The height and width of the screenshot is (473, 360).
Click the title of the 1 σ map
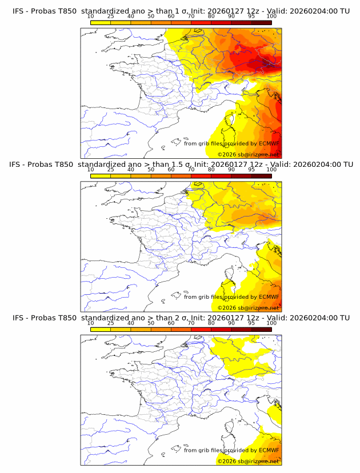pos(181,11)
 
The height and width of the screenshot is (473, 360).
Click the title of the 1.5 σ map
pos(181,164)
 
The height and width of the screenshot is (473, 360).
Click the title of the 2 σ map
pos(181,317)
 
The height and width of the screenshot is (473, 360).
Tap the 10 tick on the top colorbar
pos(90,17)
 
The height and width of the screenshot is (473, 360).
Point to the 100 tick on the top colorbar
pos(271,17)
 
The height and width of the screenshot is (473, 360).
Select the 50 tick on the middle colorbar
pos(151,170)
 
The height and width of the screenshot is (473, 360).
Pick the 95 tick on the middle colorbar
pos(251,170)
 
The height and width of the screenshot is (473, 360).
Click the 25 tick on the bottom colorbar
pos(110,323)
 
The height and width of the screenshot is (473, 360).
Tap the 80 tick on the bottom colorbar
pos(211,323)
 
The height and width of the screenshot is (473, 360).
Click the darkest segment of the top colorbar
pos(261,22)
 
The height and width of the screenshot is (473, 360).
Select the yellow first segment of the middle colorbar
pos(101,175)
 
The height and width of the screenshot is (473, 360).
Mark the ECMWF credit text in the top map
pos(231,143)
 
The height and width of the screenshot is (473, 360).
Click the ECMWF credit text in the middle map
pos(231,296)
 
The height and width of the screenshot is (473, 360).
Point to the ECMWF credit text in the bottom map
pos(231,450)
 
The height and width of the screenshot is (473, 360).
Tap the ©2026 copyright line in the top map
pos(248,154)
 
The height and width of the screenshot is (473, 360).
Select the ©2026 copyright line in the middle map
pos(248,307)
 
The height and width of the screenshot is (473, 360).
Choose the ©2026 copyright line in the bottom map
pos(248,460)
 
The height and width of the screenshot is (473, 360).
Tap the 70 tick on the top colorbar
pos(191,17)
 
